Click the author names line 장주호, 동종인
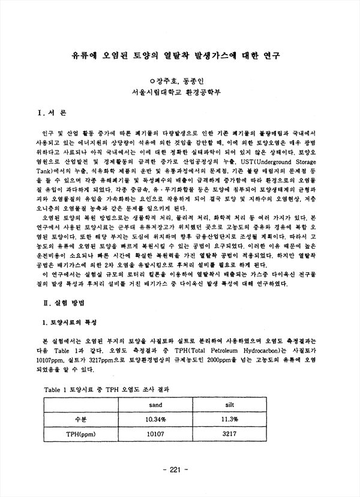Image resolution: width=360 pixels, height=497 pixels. pyautogui.click(x=179, y=80)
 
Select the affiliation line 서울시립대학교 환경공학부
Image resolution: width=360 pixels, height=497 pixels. pyautogui.click(x=179, y=92)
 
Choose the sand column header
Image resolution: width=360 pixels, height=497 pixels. pyautogui.click(x=155, y=405)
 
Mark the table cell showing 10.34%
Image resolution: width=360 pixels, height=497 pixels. pyautogui.click(x=155, y=419)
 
